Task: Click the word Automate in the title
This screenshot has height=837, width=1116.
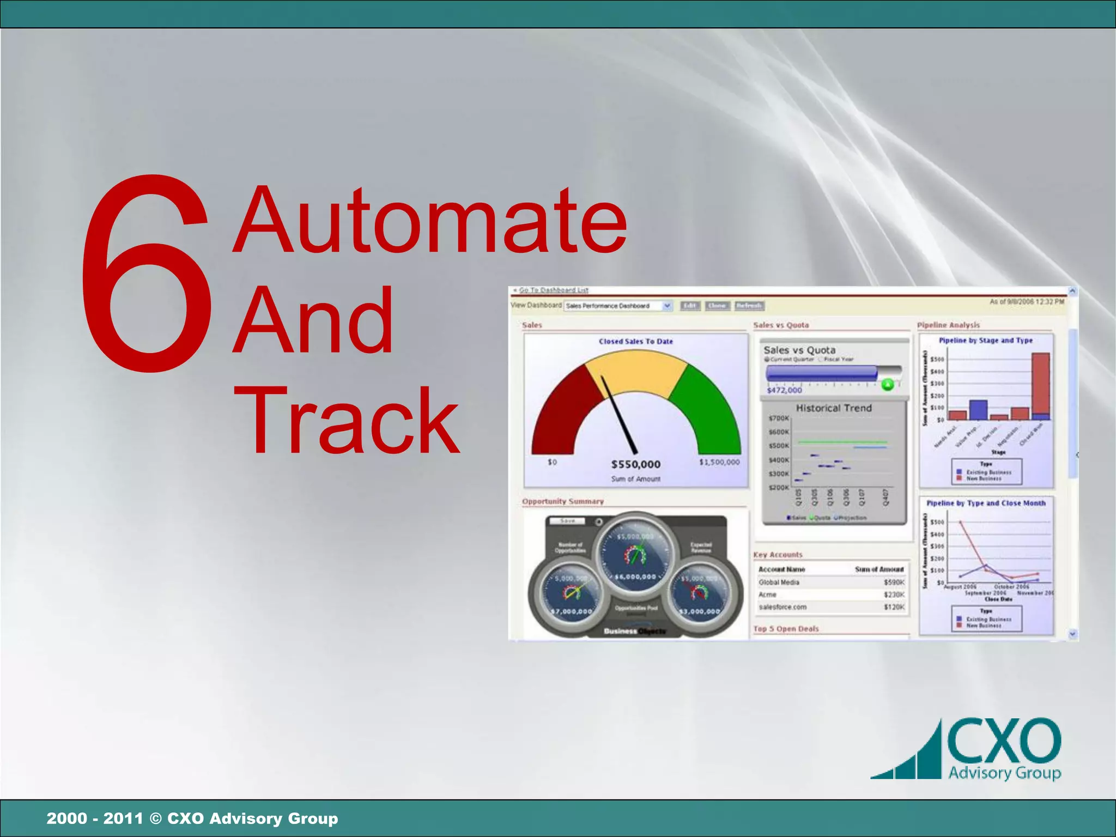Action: (x=430, y=221)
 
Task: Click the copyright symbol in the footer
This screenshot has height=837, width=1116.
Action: (x=155, y=818)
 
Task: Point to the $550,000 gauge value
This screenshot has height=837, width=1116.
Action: (x=635, y=464)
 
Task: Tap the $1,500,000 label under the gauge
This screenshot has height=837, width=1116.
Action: (x=719, y=462)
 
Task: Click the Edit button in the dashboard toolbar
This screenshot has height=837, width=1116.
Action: (x=690, y=306)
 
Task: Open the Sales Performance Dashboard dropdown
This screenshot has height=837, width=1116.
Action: (x=667, y=306)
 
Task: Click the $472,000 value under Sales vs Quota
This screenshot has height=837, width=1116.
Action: (x=784, y=390)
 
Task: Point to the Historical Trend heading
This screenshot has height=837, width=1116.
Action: (x=834, y=408)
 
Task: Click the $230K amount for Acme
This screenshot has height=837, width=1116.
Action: (x=894, y=595)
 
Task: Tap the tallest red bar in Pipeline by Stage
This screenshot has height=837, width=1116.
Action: (x=1041, y=384)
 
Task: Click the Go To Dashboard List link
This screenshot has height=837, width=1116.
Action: (x=553, y=290)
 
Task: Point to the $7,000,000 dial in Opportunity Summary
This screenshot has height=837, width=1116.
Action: (x=571, y=611)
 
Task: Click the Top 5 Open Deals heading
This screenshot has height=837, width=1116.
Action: (x=786, y=629)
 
